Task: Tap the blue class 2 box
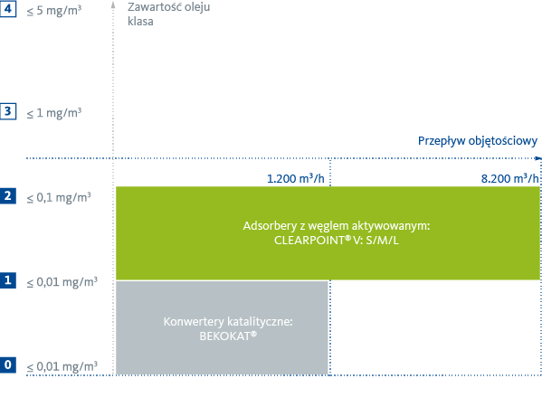pyautogui.click(x=8, y=195)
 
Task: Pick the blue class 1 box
pyautogui.click(x=8, y=280)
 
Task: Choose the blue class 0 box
pyautogui.click(x=8, y=364)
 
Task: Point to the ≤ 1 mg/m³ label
pyautogui.click(x=53, y=112)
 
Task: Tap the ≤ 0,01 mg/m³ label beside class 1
pyautogui.click(x=61, y=281)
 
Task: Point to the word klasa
pyautogui.click(x=141, y=22)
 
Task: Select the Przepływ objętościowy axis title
pyautogui.click(x=478, y=141)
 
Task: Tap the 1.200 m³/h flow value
pyautogui.click(x=296, y=179)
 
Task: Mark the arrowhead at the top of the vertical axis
pyautogui.click(x=114, y=5)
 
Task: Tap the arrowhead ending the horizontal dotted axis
pyautogui.click(x=538, y=159)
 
